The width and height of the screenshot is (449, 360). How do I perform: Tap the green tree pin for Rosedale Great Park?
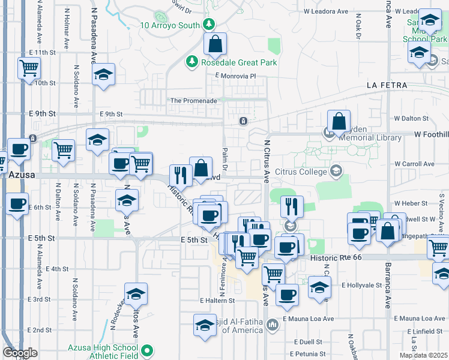(x=191, y=61)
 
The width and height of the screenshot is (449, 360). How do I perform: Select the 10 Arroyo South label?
(x=170, y=25)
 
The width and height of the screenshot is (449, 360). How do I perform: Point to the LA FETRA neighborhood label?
(x=387, y=86)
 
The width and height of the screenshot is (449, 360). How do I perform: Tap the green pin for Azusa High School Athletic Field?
(x=146, y=349)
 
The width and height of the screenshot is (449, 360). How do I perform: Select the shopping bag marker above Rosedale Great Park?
(x=215, y=44)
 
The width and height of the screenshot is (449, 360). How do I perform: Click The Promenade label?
(x=194, y=101)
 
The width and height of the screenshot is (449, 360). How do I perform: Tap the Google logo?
(x=20, y=353)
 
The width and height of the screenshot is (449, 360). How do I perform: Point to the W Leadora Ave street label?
(x=327, y=11)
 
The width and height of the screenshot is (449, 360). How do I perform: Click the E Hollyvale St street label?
(x=362, y=286)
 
